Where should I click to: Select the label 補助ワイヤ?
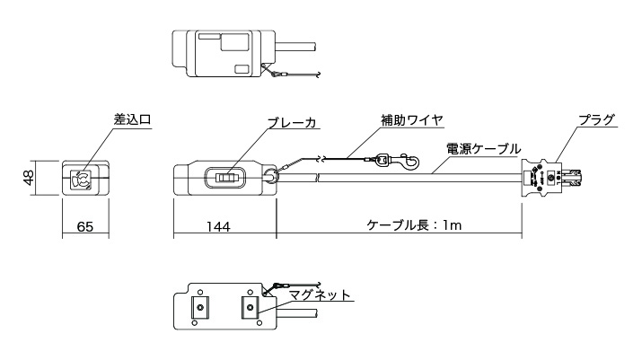click(x=415, y=119)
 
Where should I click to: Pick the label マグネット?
click(x=320, y=294)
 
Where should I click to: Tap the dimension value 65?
click(x=85, y=228)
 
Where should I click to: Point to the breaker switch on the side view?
click(x=225, y=179)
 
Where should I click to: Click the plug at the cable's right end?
click(x=550, y=178)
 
